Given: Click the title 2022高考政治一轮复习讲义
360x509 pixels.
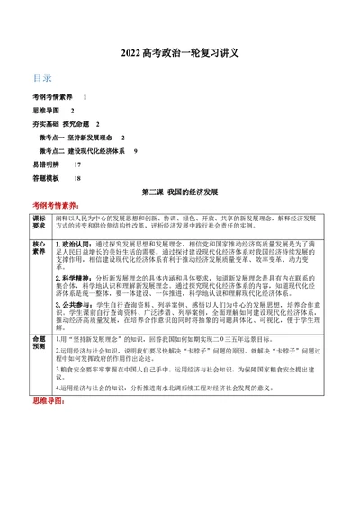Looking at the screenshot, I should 180,53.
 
